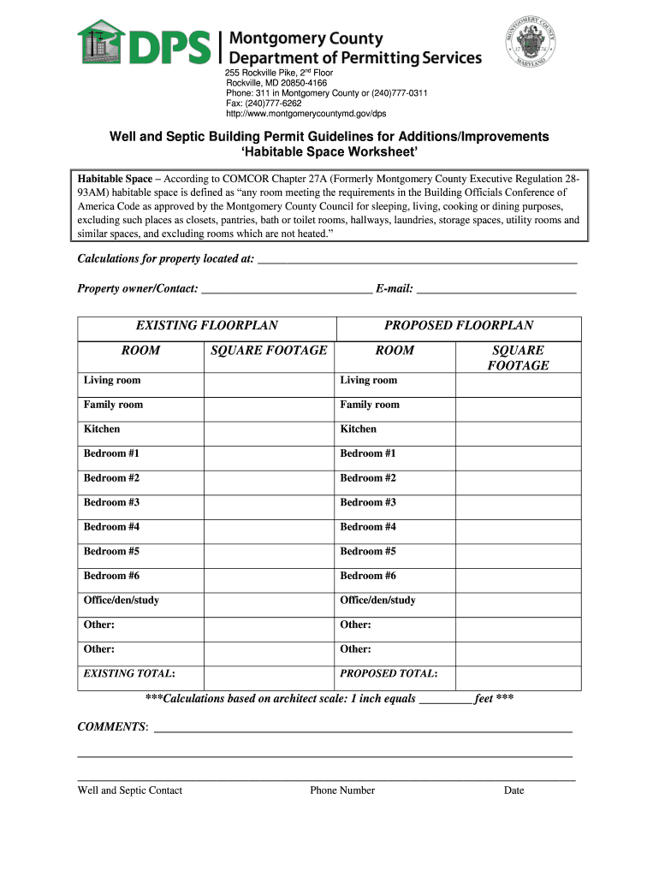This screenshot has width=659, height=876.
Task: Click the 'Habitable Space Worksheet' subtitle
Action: [329, 152]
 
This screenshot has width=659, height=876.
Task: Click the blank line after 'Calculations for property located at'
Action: [417, 260]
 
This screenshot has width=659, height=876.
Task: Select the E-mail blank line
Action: [496, 290]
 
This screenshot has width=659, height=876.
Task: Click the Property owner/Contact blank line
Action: [286, 290]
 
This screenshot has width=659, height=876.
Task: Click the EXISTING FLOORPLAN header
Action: [207, 325]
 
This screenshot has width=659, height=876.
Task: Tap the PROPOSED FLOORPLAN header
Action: [459, 325]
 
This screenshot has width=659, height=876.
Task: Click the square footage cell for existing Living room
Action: [269, 381]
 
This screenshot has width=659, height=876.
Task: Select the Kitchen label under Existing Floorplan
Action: [102, 429]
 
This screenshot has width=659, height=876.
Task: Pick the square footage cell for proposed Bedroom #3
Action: [518, 503]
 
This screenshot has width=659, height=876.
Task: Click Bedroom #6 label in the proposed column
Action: [368, 576]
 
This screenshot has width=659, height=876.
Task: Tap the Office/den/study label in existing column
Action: [122, 601]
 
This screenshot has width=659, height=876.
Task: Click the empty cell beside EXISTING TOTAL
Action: [269, 674]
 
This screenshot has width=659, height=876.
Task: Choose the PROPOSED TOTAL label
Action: [389, 674]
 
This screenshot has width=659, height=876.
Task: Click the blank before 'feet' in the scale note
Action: [446, 700]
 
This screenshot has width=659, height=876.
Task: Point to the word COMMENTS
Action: [112, 727]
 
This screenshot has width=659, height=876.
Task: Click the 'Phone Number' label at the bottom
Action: [342, 790]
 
